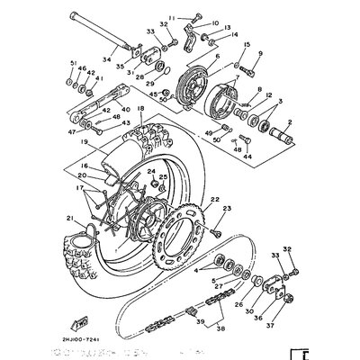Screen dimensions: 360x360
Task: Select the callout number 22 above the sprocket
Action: click(x=214, y=198)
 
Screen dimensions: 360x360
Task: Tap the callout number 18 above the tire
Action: click(x=140, y=108)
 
